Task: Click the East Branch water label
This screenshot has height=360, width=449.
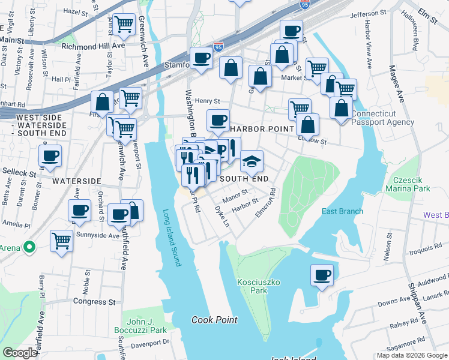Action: pyautogui.click(x=342, y=211)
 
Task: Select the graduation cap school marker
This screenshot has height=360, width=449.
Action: pyautogui.click(x=252, y=161)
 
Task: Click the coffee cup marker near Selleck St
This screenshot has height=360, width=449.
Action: pyautogui.click(x=50, y=156)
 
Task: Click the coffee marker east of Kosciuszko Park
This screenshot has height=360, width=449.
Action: pyautogui.click(x=322, y=275)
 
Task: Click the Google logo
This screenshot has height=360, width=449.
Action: pyautogui.click(x=20, y=353)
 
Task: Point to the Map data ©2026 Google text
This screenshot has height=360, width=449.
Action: pyautogui.click(x=411, y=355)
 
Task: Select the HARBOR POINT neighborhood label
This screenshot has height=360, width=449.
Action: pyautogui.click(x=262, y=129)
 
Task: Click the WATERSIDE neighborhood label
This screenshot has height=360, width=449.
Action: pyautogui.click(x=76, y=181)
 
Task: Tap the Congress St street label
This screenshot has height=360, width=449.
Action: pyautogui.click(x=94, y=301)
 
